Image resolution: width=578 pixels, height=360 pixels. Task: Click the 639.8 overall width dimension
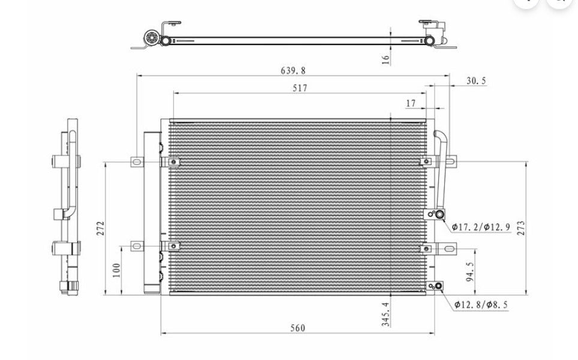pyautogui.click(x=293, y=70)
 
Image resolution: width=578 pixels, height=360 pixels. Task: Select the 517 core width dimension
pyautogui.click(x=300, y=88)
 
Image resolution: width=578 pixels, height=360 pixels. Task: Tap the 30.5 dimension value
pyautogui.click(x=476, y=81)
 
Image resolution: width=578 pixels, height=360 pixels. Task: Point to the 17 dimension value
pyautogui.click(x=411, y=104)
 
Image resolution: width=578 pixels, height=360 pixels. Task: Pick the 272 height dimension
pyautogui.click(x=101, y=229)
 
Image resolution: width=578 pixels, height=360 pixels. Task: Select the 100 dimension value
pyautogui.click(x=116, y=271)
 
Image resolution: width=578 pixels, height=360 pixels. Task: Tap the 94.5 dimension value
pyautogui.click(x=470, y=272)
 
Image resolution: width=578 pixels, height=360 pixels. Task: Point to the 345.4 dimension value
pyautogui.click(x=386, y=314)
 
